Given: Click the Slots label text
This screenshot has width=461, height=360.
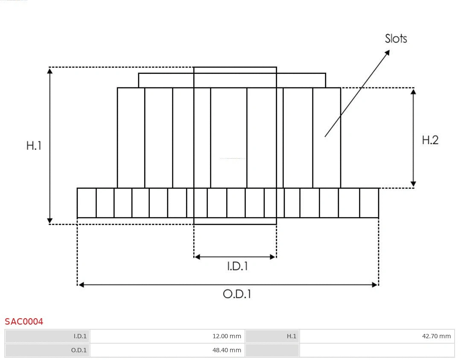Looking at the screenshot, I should click(396, 39).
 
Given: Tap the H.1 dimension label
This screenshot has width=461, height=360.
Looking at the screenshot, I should click(34, 145).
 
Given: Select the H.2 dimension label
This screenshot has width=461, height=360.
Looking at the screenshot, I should click(430, 140).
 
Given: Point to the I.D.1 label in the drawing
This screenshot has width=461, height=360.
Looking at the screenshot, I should click(237, 267).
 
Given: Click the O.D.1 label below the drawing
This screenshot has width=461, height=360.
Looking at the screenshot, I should click(237, 294).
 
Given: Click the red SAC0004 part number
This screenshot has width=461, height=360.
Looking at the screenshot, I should click(24, 322).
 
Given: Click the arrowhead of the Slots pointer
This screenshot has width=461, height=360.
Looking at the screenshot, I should click(387, 52).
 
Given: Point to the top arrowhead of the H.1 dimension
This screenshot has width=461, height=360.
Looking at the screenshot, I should click(50, 71).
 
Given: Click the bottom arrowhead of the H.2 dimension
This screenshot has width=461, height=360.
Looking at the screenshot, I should click(413, 184).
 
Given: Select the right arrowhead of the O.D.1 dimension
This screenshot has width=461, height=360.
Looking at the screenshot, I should click(375, 285).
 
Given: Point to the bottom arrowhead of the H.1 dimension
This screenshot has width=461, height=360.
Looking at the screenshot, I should click(50, 221).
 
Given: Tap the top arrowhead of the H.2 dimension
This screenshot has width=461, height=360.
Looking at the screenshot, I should click(413, 92).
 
